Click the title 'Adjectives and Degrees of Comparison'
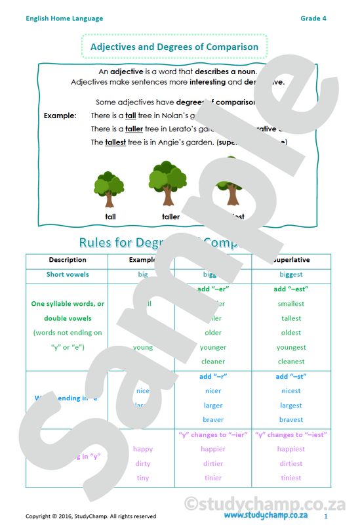pyautogui.click(x=174, y=47)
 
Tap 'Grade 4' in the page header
pyautogui.click(x=313, y=18)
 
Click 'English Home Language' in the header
pyautogui.click(x=64, y=18)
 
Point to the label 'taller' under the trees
pyautogui.click(x=170, y=217)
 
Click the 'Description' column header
pyautogui.click(x=68, y=260)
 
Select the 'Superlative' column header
pyautogui.click(x=290, y=260)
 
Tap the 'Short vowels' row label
pyautogui.click(x=68, y=274)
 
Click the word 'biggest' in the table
pyautogui.click(x=290, y=274)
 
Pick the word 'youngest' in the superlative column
pyautogui.click(x=290, y=347)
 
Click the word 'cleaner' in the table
pyautogui.click(x=213, y=362)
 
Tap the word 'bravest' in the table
pyautogui.click(x=290, y=420)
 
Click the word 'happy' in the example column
pyautogui.click(x=142, y=449)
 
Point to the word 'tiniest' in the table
pyautogui.click(x=290, y=478)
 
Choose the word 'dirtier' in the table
pyautogui.click(x=213, y=463)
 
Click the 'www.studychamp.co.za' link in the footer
pyautogui.click(x=266, y=515)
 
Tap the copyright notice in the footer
pyautogui.click(x=90, y=516)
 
